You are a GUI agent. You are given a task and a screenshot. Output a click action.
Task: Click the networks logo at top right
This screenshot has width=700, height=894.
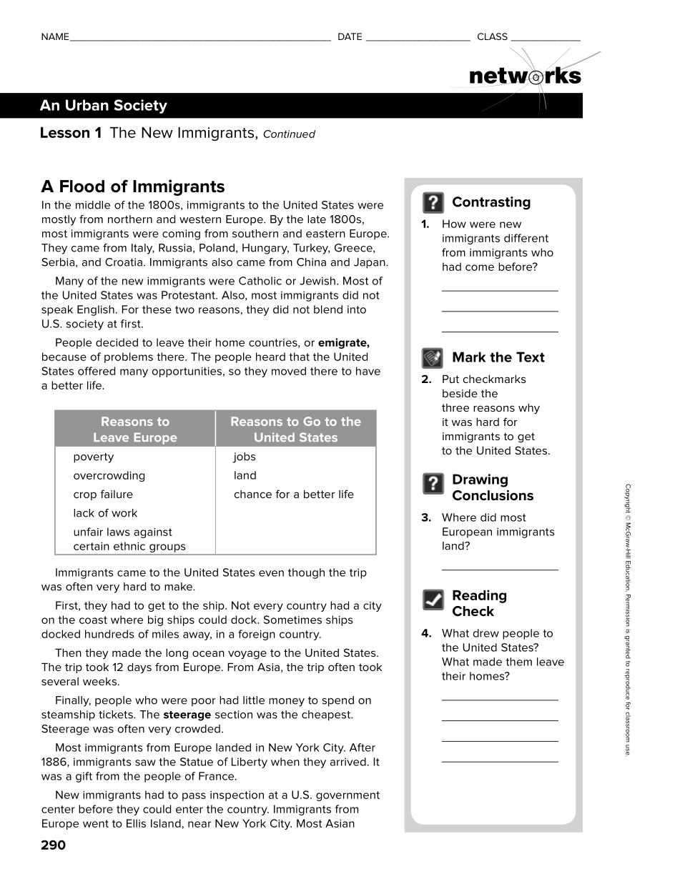tap(525, 76)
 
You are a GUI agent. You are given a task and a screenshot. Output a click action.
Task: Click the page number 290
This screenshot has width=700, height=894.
tap(54, 845)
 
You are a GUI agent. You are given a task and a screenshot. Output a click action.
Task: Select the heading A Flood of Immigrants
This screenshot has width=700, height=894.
tap(133, 187)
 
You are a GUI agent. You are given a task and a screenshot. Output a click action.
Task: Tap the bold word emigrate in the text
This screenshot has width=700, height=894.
tap(343, 343)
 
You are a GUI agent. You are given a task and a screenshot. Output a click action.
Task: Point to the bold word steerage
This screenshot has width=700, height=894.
tap(187, 715)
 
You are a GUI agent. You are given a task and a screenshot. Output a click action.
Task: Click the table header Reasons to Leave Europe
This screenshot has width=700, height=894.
tap(135, 429)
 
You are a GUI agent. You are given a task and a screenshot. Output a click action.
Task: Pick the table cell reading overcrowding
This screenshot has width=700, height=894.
tap(109, 476)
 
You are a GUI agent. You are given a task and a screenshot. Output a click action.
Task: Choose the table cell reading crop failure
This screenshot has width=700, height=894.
tap(103, 495)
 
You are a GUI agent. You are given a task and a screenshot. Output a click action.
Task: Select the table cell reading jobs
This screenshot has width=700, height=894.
tap(245, 457)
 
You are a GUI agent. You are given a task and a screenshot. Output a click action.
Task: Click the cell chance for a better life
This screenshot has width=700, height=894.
tap(293, 495)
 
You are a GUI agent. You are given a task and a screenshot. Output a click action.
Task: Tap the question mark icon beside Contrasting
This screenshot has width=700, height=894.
tap(433, 203)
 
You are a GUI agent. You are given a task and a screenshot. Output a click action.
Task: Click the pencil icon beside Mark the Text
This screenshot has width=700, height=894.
tap(433, 358)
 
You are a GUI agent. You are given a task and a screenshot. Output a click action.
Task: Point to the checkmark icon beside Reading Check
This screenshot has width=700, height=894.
tap(433, 600)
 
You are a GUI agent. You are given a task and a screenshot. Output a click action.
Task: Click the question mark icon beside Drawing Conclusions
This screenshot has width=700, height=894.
tap(433, 484)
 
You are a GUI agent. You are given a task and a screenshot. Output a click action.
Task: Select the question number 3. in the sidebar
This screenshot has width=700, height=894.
tap(426, 517)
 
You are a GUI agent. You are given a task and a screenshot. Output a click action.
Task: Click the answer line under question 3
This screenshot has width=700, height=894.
tap(499, 569)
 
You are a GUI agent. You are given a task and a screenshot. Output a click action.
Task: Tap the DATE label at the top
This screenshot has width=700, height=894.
tap(350, 36)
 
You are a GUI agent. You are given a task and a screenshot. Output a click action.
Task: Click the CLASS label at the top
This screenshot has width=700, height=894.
tap(492, 36)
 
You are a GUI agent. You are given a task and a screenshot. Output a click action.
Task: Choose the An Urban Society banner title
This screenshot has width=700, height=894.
tap(104, 106)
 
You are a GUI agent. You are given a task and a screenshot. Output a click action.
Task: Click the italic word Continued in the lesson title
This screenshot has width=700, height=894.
tap(289, 134)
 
